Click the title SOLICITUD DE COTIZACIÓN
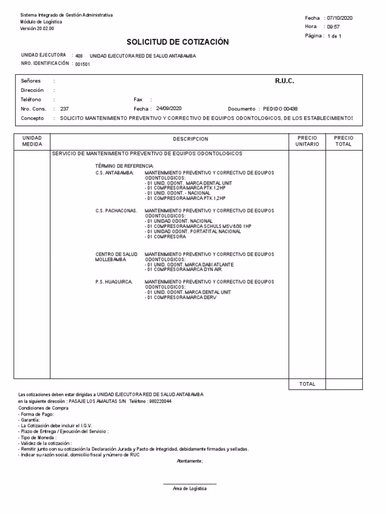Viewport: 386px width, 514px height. (184, 42)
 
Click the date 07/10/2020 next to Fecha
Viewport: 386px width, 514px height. (339, 18)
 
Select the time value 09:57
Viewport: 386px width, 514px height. (333, 27)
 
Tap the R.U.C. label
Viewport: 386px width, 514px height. (284, 81)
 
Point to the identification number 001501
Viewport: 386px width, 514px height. (82, 64)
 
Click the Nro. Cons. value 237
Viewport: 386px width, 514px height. (64, 109)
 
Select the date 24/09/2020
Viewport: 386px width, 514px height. (169, 108)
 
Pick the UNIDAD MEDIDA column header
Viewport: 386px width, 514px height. (32, 141)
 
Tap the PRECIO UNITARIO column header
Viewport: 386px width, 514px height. (307, 141)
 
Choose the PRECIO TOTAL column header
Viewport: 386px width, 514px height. (344, 141)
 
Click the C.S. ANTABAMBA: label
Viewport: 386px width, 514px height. (115, 173)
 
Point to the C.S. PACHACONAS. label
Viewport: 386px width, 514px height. (116, 211)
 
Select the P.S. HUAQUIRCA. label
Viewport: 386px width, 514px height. (114, 282)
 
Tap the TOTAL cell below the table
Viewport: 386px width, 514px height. (307, 384)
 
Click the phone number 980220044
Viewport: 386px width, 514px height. (160, 402)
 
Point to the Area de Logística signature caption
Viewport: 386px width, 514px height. (189, 488)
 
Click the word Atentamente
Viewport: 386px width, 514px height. (189, 460)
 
